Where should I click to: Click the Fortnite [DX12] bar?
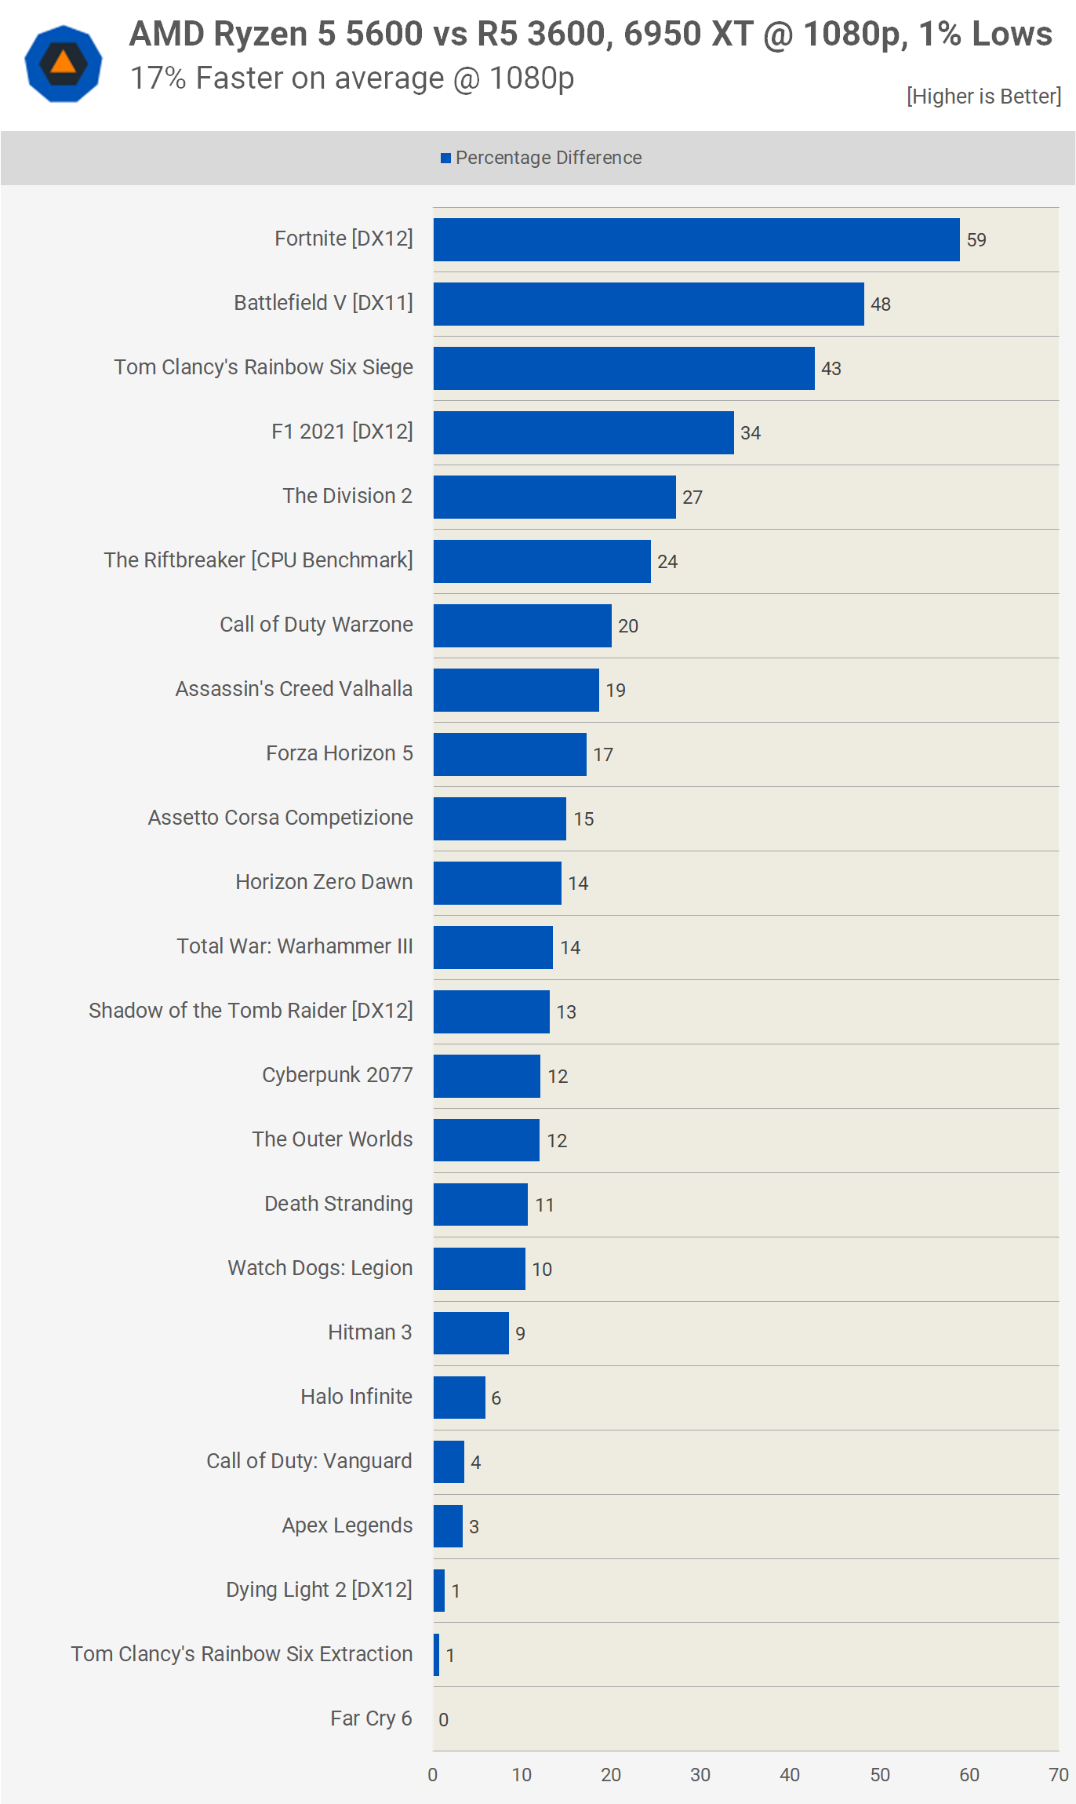[x=696, y=239]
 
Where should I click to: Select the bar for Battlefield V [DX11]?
[x=649, y=304]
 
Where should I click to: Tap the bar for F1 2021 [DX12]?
[x=583, y=432]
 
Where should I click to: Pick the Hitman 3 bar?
[x=471, y=1332]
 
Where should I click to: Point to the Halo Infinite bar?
[x=460, y=1397]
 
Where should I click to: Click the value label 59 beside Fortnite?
[x=976, y=240]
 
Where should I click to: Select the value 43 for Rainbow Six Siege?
[x=831, y=369]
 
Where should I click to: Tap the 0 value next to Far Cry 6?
[x=444, y=1720]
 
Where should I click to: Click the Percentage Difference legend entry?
[x=541, y=158]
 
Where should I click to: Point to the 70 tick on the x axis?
[x=1059, y=1775]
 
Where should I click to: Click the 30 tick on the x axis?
[x=700, y=1775]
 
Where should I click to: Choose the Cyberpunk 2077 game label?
[x=337, y=1074]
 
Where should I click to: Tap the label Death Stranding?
[x=339, y=1203]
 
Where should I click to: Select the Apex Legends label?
[x=347, y=1525]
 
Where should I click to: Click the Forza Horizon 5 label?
[x=340, y=753]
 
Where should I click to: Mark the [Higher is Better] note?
[x=984, y=96]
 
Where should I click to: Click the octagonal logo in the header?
[x=64, y=64]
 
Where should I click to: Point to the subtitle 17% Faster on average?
[x=352, y=78]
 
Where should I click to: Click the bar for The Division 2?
[x=554, y=497]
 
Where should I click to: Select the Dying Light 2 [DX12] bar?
[x=439, y=1591]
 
